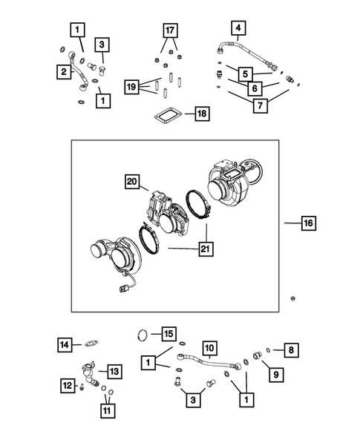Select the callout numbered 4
point(238,30)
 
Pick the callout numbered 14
point(67,344)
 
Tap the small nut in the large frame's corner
point(295,298)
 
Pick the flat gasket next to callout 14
point(93,343)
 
